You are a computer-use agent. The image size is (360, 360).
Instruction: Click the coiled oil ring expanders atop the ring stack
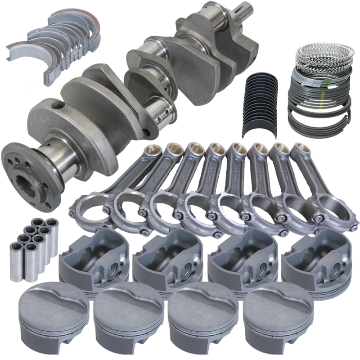tap(320, 54)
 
